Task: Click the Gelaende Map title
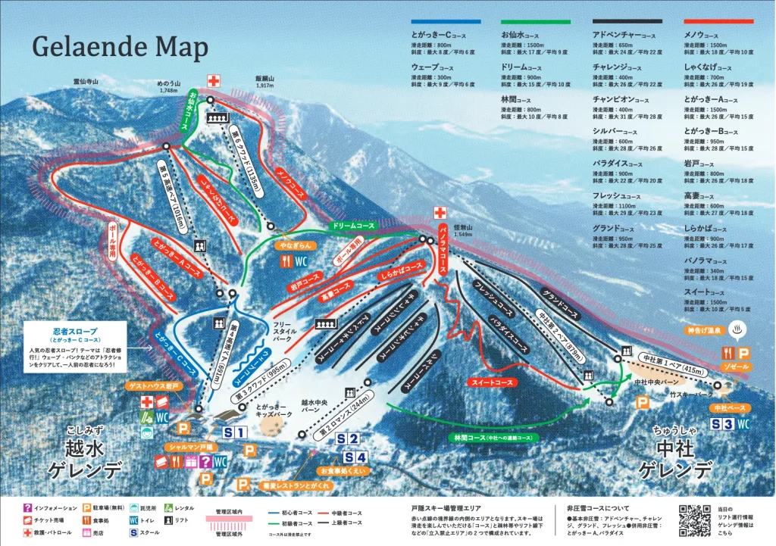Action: point(120,47)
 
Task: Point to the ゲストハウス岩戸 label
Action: point(155,386)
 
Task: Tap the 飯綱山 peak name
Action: point(264,78)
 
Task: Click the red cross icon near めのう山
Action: point(214,80)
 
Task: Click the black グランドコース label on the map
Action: point(560,303)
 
